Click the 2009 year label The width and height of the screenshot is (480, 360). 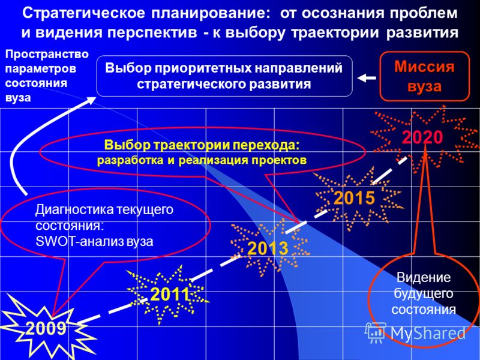(x=46, y=329)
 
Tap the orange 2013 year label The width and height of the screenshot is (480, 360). (x=268, y=248)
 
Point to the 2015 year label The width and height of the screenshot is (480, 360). (x=354, y=198)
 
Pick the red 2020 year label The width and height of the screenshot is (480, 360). (x=422, y=137)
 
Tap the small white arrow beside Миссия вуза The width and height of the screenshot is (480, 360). (x=367, y=78)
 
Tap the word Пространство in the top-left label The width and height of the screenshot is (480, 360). (x=47, y=55)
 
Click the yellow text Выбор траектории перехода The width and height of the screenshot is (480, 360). (x=202, y=145)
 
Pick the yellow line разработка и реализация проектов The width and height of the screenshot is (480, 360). (x=202, y=160)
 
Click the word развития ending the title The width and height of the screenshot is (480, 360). (x=422, y=33)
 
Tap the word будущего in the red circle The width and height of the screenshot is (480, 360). (x=423, y=294)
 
